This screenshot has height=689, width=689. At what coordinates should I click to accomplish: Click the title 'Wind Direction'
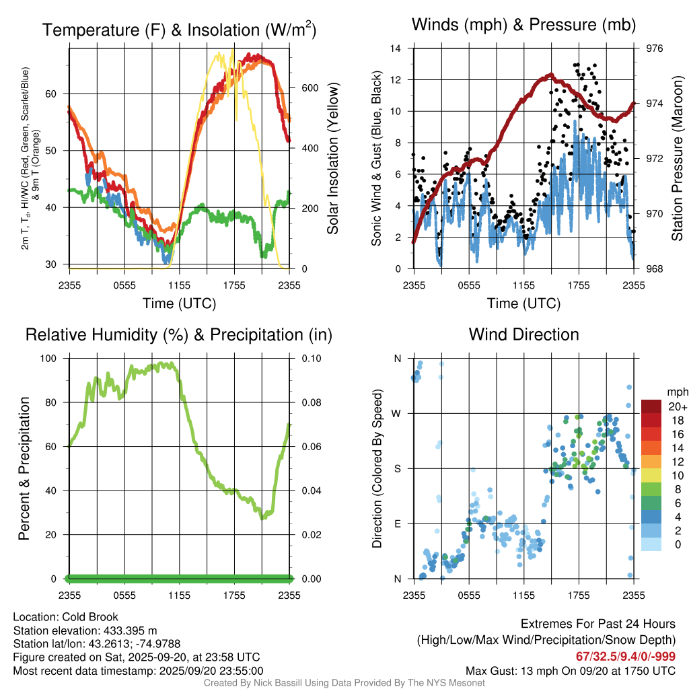pos(523,334)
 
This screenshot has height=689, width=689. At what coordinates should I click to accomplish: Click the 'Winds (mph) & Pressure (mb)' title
pos(523,26)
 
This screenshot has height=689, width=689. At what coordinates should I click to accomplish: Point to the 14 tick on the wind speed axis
pos(396,48)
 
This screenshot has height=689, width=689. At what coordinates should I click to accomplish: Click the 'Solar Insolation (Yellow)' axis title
pos(332,158)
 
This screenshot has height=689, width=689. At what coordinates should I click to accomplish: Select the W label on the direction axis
pos(397,413)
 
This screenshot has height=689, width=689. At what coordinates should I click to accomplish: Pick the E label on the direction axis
pos(397,523)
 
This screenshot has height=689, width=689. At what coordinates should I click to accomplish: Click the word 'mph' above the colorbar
pos(676,392)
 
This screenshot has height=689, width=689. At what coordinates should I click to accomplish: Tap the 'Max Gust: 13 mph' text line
pos(571,671)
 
